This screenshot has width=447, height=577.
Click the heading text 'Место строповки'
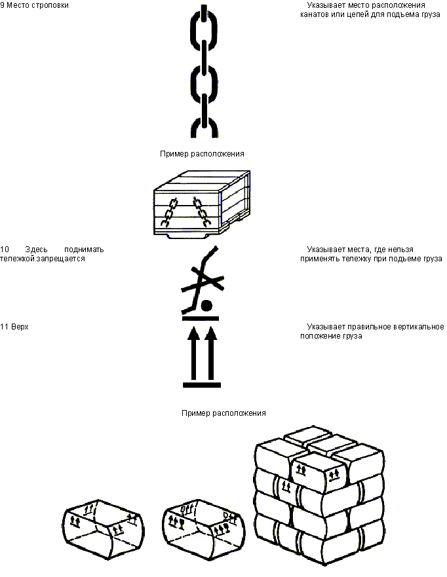(x=37, y=5)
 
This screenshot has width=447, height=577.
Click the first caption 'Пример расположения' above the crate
(x=202, y=154)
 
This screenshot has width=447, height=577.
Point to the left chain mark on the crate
(x=169, y=212)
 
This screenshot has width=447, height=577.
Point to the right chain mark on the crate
(x=201, y=211)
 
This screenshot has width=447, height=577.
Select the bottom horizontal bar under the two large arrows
(x=202, y=385)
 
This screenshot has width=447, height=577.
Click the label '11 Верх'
(x=14, y=327)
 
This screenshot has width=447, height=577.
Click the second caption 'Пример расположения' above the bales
(x=223, y=413)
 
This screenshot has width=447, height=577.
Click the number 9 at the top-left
(x=2, y=5)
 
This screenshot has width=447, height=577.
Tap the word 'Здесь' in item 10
(x=36, y=250)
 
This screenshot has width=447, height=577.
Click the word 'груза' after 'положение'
(x=353, y=336)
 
